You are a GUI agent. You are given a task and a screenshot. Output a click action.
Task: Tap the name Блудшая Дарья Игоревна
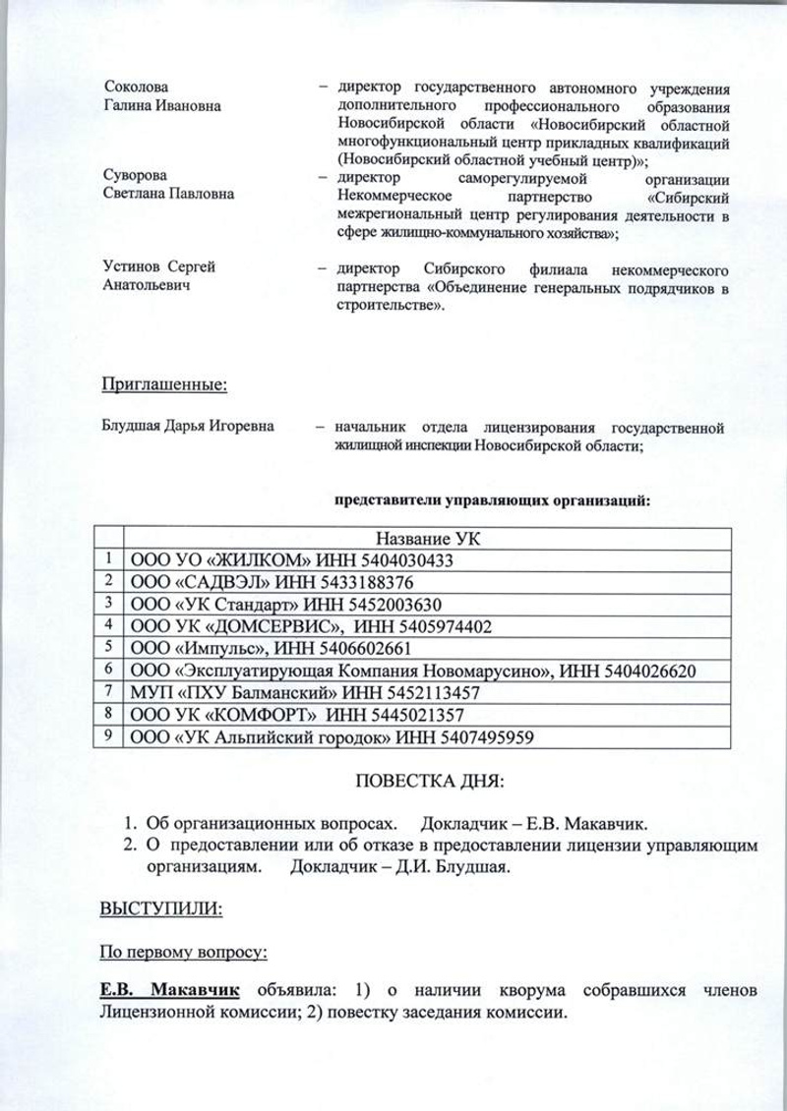click(190, 428)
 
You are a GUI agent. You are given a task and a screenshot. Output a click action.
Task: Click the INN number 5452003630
click(393, 603)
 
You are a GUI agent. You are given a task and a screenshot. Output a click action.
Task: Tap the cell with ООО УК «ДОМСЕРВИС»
click(236, 625)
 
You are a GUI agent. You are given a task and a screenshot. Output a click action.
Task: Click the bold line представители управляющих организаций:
click(493, 499)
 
